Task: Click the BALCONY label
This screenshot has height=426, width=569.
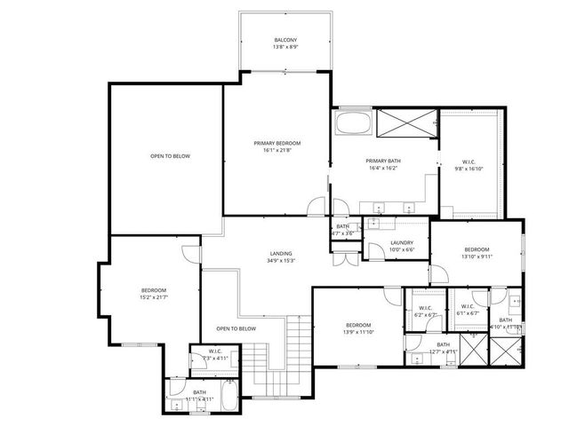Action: tap(284, 40)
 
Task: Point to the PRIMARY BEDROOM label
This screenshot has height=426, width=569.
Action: tap(276, 143)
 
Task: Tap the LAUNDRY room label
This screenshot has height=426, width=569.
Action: tap(401, 242)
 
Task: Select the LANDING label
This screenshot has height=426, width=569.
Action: tap(280, 253)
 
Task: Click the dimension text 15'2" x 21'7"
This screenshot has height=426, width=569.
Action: tap(153, 297)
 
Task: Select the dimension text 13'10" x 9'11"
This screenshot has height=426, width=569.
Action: tap(476, 256)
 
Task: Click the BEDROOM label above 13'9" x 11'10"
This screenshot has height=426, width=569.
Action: tap(357, 325)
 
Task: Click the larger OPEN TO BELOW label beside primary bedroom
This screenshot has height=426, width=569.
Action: tap(170, 156)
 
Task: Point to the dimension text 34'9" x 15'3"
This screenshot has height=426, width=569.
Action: tap(280, 261)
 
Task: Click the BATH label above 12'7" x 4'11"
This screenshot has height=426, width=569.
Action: tap(442, 344)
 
